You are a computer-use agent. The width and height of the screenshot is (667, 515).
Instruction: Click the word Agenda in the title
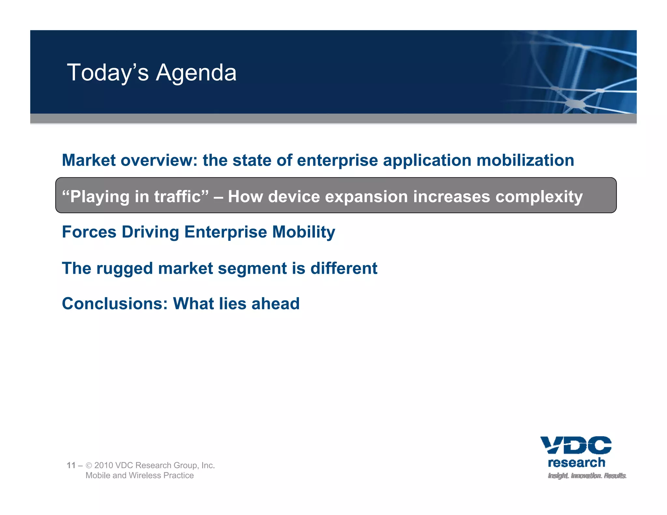click(x=196, y=73)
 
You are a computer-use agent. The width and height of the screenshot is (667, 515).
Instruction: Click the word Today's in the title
click(x=108, y=73)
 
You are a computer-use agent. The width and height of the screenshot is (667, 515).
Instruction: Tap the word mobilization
click(x=525, y=160)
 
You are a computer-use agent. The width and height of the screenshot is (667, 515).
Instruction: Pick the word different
click(x=344, y=269)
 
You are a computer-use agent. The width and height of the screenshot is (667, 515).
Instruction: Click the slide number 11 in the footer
click(x=71, y=465)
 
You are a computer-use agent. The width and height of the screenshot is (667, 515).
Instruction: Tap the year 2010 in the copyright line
click(x=103, y=465)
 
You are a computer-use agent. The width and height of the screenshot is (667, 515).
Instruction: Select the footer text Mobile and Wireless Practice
click(x=139, y=475)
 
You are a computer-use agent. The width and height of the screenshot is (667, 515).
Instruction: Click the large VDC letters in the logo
click(x=576, y=445)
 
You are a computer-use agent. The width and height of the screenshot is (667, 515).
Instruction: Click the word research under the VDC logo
click(x=576, y=463)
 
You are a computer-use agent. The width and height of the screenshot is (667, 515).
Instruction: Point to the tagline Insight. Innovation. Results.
click(x=587, y=476)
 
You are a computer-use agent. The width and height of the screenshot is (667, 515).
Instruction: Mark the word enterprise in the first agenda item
click(x=337, y=160)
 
